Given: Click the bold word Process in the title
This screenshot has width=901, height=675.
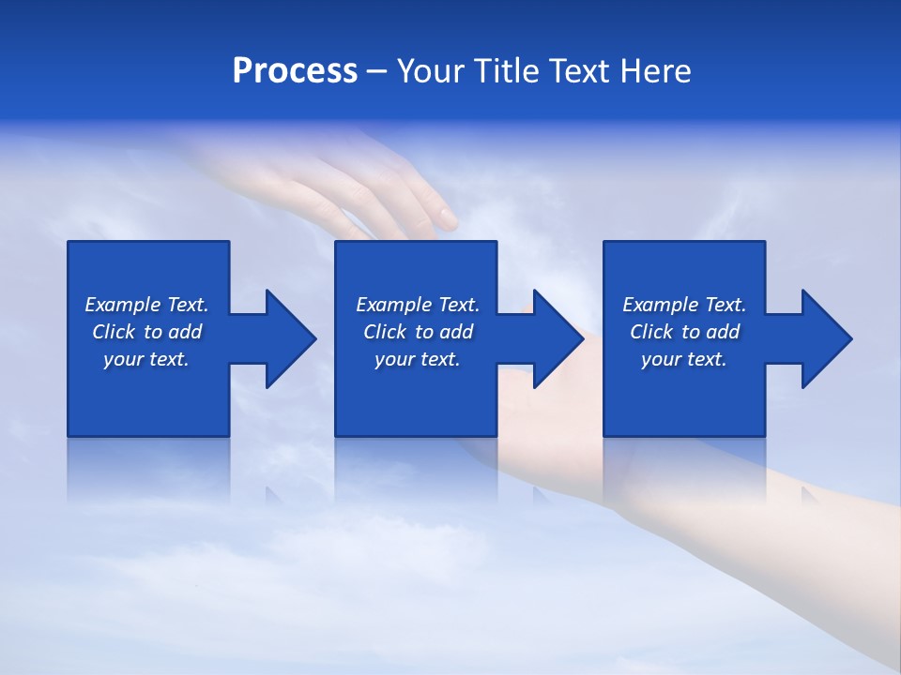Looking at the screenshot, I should pyautogui.click(x=295, y=71).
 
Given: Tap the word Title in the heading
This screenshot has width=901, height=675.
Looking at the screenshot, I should pyautogui.click(x=507, y=71).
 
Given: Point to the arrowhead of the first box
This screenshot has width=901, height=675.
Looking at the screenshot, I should pyautogui.click(x=290, y=338).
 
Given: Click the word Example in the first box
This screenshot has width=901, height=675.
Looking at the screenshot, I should pyautogui.click(x=123, y=305).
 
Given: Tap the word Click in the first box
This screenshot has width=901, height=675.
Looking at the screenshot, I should pyautogui.click(x=114, y=332).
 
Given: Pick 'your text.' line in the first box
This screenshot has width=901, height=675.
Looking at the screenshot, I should pyautogui.click(x=146, y=359).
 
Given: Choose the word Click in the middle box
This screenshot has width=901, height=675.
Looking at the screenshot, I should pyautogui.click(x=385, y=332).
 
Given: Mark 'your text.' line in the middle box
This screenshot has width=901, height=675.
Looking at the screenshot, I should pyautogui.click(x=417, y=359).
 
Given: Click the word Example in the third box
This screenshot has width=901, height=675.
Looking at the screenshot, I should pyautogui.click(x=661, y=305).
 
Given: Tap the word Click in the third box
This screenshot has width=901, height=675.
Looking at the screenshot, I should pyautogui.click(x=651, y=332).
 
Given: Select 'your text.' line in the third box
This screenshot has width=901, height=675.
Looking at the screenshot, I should pyautogui.click(x=684, y=359).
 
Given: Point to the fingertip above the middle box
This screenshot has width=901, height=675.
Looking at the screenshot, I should pyautogui.click(x=448, y=221).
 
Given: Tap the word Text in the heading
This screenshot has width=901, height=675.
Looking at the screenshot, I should pyautogui.click(x=580, y=71).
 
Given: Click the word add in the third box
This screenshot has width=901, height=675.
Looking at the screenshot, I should pyautogui.click(x=724, y=332).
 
